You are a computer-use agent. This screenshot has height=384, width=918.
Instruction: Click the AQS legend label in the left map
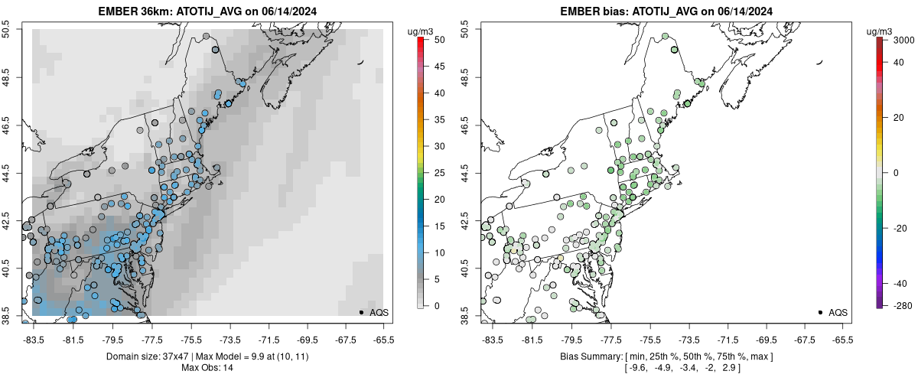(x=379, y=312)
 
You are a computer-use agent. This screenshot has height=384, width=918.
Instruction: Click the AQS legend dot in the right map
(x=820, y=312)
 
